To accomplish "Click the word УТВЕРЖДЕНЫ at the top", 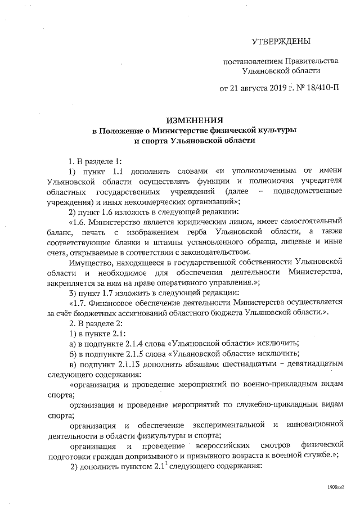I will tap(280, 41).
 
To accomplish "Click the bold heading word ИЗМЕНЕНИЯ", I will tap(193, 120).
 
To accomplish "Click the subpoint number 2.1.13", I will tap(143, 364).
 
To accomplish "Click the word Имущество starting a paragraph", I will tap(87, 263).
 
